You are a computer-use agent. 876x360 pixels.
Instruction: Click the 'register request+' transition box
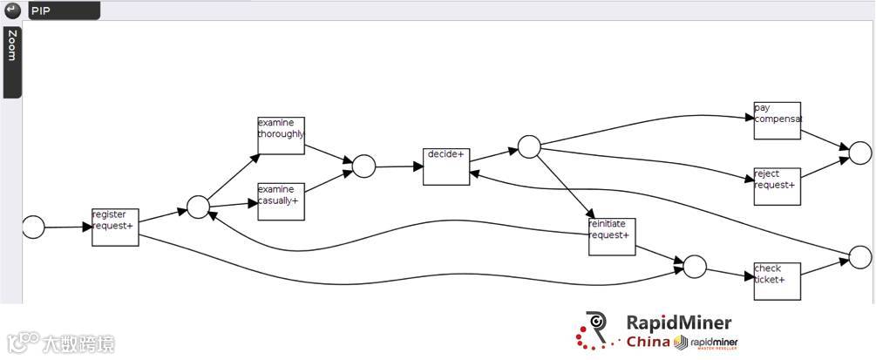point(115,227)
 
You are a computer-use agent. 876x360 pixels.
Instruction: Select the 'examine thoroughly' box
point(281,135)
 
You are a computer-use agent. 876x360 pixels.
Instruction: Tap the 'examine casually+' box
point(281,201)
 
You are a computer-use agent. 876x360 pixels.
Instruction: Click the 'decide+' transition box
point(446,166)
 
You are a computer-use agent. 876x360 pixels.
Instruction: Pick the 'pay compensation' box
point(777,120)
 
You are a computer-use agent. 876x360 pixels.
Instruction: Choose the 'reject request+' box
point(777,186)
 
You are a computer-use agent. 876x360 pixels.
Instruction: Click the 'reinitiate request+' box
point(612,236)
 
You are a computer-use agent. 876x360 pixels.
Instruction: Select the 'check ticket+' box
point(777,281)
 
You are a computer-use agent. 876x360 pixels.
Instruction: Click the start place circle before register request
point(33,228)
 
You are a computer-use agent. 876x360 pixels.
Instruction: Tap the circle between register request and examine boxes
point(198,207)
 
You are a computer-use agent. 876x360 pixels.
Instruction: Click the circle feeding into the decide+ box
point(363,166)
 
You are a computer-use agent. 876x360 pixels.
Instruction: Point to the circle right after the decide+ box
point(529,146)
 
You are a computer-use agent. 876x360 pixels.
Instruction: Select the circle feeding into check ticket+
point(695,267)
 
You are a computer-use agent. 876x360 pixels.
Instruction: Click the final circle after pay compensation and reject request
point(859,153)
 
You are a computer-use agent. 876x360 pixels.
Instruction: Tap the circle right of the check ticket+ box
point(859,257)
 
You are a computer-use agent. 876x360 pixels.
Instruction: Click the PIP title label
point(40,10)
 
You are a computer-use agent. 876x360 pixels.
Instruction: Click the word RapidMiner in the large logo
point(678,323)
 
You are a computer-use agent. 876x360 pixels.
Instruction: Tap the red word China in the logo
point(649,342)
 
